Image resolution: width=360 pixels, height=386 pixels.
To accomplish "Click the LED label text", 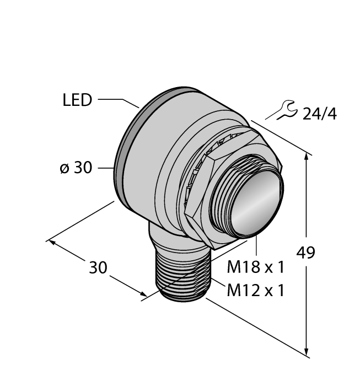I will pyautogui.click(x=77, y=101).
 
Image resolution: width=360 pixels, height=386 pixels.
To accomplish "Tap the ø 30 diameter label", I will pyautogui.click(x=76, y=168).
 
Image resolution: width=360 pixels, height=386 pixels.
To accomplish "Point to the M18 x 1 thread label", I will pyautogui.click(x=255, y=267).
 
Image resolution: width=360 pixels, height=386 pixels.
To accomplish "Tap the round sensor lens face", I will pyautogui.click(x=257, y=202).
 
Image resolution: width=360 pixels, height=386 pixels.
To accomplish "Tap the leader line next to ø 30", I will pyautogui.click(x=106, y=168).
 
